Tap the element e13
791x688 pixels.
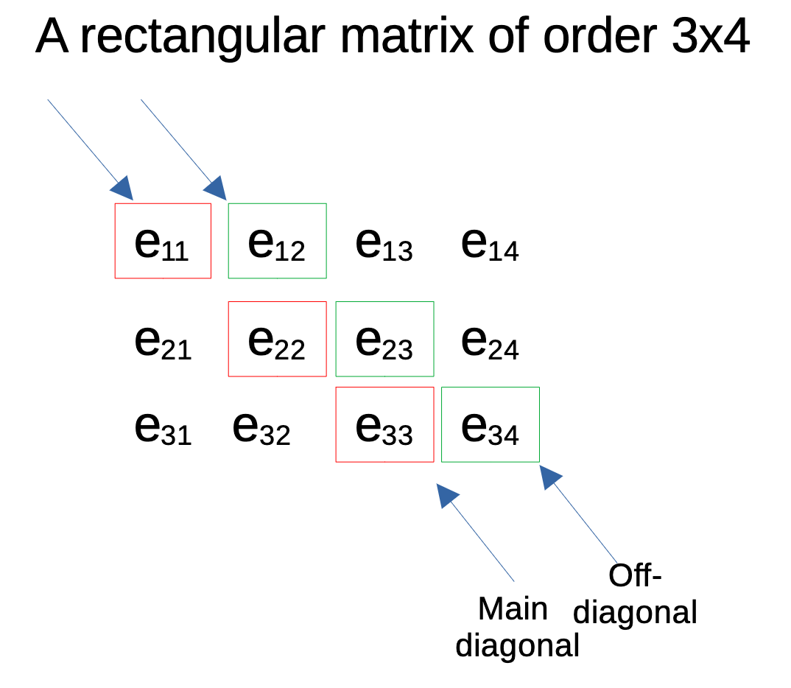point(384,244)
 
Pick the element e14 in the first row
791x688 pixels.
point(490,244)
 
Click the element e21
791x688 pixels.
point(163,342)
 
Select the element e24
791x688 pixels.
point(490,342)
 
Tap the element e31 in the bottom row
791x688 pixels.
point(163,428)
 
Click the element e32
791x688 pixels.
point(261,428)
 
